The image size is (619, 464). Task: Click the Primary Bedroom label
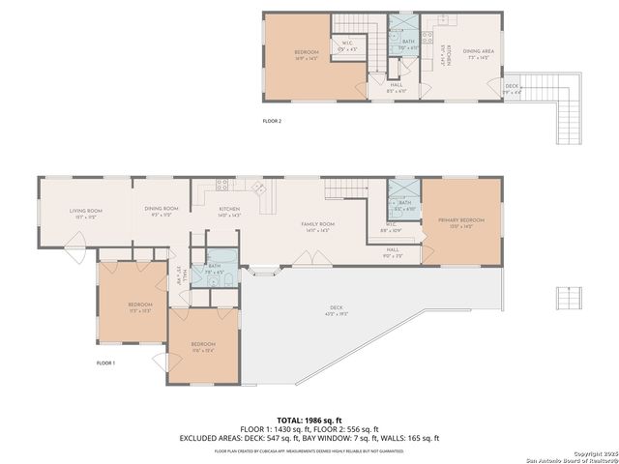461,222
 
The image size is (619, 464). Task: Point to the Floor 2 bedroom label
307,55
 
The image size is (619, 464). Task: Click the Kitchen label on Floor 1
229,212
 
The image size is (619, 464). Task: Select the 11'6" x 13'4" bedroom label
202,346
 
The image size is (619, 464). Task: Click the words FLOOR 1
105,362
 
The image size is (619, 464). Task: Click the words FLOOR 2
272,121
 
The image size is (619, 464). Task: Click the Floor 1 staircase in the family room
340,189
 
